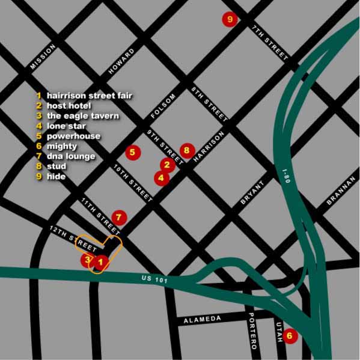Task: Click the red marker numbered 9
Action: click(230, 19)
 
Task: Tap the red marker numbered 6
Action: click(290, 336)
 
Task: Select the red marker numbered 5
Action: click(132, 153)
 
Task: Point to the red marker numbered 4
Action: click(161, 177)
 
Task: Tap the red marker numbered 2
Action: click(167, 163)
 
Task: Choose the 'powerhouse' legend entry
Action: click(73, 136)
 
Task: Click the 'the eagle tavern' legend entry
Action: click(82, 116)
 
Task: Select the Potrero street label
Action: click(253, 332)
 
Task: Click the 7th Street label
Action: click(269, 42)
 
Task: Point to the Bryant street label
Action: click(252, 193)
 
